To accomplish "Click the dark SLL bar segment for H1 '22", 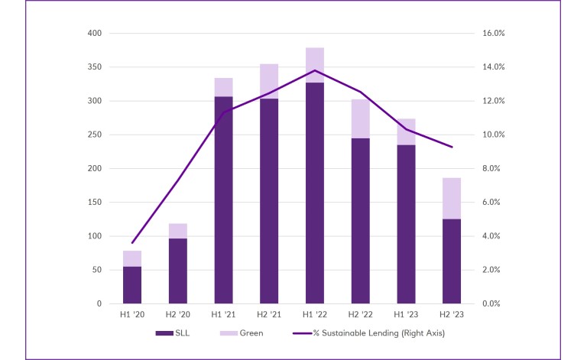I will tap(314, 193).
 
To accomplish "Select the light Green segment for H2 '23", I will tap(451, 198).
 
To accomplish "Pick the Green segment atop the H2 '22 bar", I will tap(360, 118).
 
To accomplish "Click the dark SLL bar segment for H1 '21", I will tap(223, 199).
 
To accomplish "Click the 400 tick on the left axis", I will tap(95, 34).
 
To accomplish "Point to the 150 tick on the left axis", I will tap(95, 203).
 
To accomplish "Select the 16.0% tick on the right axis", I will tap(489, 34).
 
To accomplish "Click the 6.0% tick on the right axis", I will tap(489, 203).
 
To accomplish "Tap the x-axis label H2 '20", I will tap(178, 314).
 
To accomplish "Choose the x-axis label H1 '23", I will tap(406, 314).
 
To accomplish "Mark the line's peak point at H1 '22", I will tap(314, 70).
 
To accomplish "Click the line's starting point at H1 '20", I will tap(132, 243).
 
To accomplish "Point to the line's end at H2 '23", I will tap(451, 147).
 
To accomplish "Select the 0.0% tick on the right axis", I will tap(489, 303).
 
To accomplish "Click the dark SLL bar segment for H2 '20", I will tap(178, 271).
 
